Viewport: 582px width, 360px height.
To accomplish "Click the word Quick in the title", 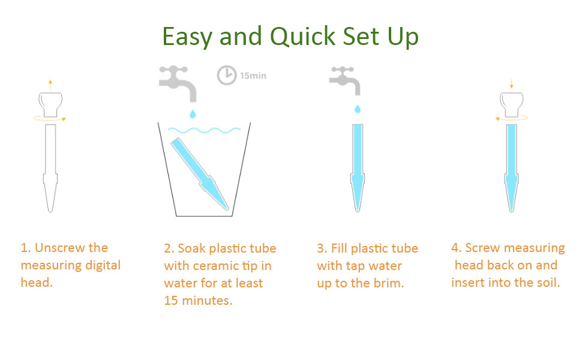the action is pos(302,37).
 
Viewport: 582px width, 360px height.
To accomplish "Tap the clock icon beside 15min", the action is pos(226,76).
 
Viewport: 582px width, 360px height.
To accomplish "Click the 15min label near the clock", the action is pos(253,76).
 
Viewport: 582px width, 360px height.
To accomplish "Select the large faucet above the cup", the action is pos(178,83).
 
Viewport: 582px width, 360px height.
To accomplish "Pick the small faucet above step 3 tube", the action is pos(345,81).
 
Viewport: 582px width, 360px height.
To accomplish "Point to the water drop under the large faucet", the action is pos(193,114).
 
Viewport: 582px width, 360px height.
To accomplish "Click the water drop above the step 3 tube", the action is pos(358,109).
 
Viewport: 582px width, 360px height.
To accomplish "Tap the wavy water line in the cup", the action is pos(204,130).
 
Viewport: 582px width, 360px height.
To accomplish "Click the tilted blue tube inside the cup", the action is pos(200,173).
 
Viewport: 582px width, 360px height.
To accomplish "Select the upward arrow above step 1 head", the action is pos(50,84).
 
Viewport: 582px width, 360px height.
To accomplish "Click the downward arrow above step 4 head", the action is pos(511,83).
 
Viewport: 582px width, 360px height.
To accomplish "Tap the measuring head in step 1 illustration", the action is pos(50,104).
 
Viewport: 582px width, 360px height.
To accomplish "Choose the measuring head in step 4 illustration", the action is pos(511,104).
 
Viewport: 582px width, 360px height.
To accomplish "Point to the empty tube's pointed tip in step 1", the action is pos(50,212).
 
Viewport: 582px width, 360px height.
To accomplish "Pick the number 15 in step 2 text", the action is pos(171,300).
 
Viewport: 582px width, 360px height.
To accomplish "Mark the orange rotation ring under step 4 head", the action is pos(511,118).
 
